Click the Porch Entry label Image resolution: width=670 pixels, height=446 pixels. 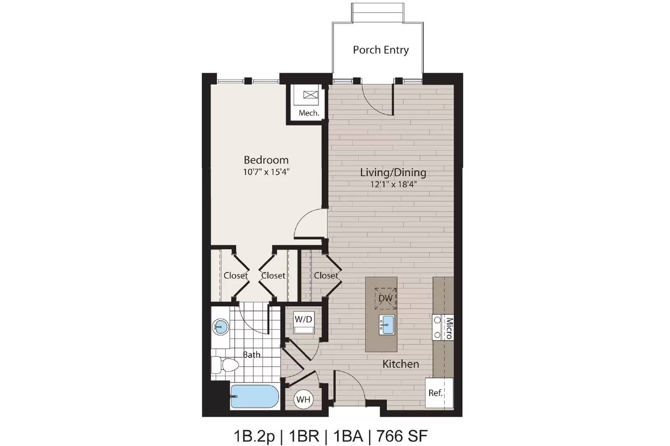tap(381, 50)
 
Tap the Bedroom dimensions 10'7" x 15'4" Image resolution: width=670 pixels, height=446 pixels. tap(266, 172)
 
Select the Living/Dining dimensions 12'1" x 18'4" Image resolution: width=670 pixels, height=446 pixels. tap(393, 184)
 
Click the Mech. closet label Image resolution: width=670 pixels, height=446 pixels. tap(309, 113)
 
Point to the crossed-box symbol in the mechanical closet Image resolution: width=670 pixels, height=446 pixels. tap(310, 95)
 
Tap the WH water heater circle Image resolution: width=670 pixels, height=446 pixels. tap(303, 399)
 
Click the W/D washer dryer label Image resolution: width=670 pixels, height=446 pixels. tap(303, 319)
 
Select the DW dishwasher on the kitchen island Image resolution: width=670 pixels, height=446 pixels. tap(386, 298)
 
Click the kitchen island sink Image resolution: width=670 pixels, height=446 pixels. tap(387, 325)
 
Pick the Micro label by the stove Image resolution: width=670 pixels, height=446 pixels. tap(449, 328)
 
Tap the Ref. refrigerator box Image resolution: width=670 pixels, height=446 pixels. tap(439, 393)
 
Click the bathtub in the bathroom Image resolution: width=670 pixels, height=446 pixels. tap(255, 396)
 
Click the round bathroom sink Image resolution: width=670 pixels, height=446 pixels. tap(220, 327)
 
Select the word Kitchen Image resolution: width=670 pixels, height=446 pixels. tap(401, 364)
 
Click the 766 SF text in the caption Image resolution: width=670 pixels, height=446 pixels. tap(402, 436)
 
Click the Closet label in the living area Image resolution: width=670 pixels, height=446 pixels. tap(326, 275)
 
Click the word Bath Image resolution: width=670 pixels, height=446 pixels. tap(252, 354)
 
